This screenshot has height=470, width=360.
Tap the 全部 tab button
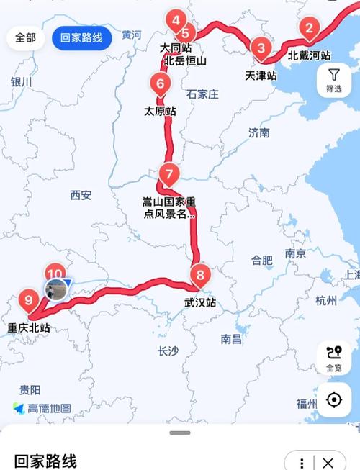tap(25, 37)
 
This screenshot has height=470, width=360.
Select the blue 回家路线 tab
tap(81, 37)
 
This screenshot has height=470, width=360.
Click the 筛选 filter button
tap(334, 79)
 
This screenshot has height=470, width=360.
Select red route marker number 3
tap(261, 48)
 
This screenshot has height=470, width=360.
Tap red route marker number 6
tap(159, 84)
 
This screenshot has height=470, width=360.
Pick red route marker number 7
tap(168, 175)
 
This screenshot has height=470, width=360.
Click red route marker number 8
tap(200, 274)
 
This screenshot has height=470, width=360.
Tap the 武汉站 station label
tap(200, 303)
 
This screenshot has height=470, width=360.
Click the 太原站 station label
tap(160, 112)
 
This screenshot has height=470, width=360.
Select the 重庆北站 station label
tap(29, 328)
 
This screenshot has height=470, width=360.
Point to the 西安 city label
tap(81, 195)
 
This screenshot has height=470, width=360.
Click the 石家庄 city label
tap(202, 94)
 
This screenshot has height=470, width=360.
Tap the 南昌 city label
tap(231, 338)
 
